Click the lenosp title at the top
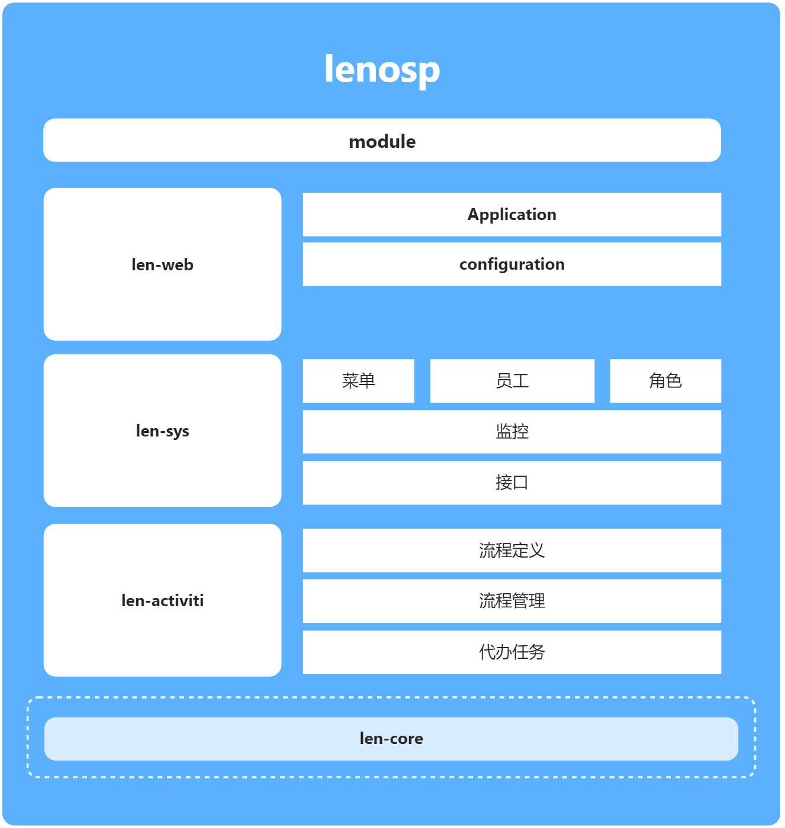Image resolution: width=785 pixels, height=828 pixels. click(382, 70)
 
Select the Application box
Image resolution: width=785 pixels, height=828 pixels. click(511, 214)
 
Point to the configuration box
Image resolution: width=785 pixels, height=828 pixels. click(511, 264)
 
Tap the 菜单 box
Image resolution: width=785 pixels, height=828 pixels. click(358, 381)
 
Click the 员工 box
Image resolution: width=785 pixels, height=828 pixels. click(512, 381)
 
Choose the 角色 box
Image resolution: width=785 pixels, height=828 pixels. click(665, 381)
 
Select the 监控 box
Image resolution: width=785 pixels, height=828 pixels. click(511, 432)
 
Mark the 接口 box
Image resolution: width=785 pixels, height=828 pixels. click(511, 483)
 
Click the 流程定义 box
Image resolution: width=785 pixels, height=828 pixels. click(511, 551)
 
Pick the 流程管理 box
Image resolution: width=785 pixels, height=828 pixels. click(511, 601)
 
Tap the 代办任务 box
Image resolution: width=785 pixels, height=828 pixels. click(511, 652)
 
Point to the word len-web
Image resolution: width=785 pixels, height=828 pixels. click(162, 265)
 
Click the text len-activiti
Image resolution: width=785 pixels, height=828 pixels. click(162, 601)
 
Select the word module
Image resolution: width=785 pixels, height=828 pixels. click(382, 142)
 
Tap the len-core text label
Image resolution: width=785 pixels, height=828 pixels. click(391, 739)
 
